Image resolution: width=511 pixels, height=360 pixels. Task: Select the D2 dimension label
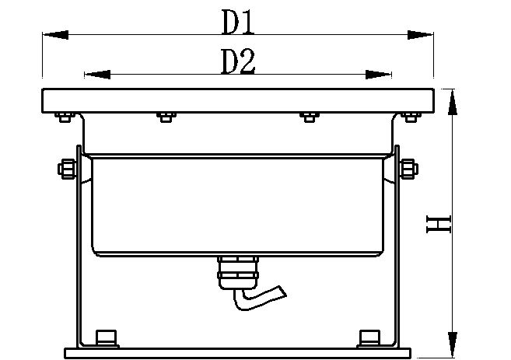click(238, 62)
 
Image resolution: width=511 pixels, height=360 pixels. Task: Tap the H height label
click(440, 225)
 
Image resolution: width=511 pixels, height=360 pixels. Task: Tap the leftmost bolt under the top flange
click(63, 117)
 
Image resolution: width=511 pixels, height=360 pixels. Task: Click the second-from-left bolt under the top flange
click(164, 117)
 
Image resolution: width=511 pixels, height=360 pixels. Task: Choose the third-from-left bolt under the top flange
click(308, 117)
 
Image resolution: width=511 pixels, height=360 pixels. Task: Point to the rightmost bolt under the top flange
click(409, 117)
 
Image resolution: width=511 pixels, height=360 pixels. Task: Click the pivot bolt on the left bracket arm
click(67, 168)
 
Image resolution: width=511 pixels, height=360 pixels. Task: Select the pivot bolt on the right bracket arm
click(406, 168)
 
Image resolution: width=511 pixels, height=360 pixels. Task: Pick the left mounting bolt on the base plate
click(103, 337)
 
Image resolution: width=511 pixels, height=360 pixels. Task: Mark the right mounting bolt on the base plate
click(369, 337)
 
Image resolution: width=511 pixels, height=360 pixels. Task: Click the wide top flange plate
click(236, 100)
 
